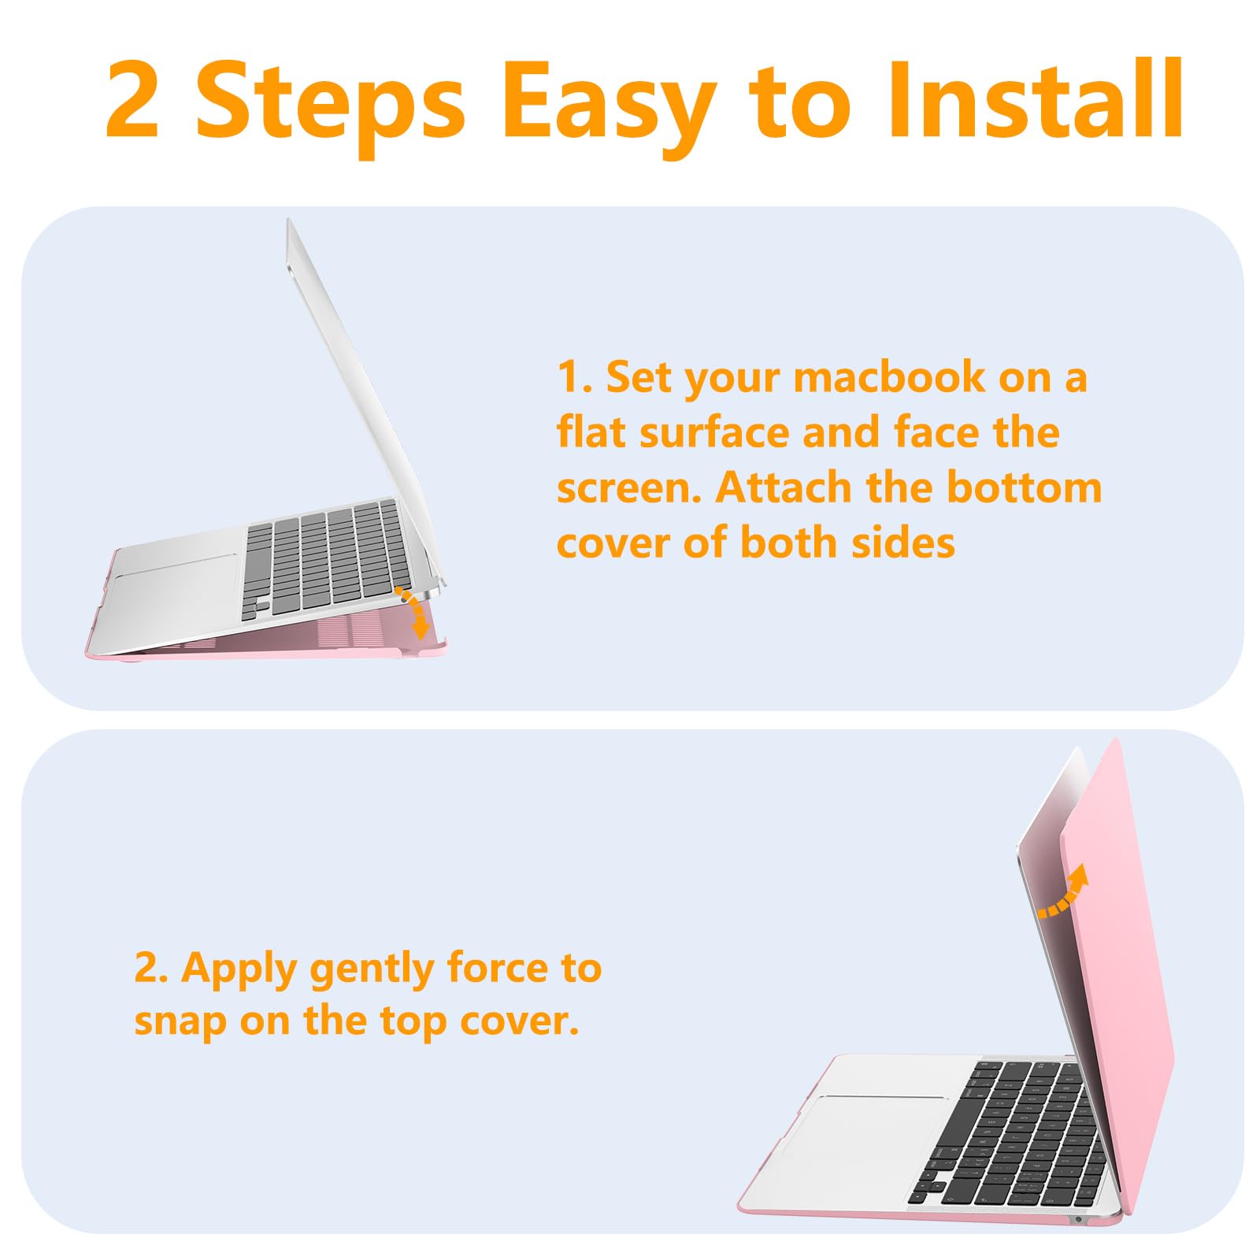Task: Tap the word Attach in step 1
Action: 784,487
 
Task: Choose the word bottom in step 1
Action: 1024,487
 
